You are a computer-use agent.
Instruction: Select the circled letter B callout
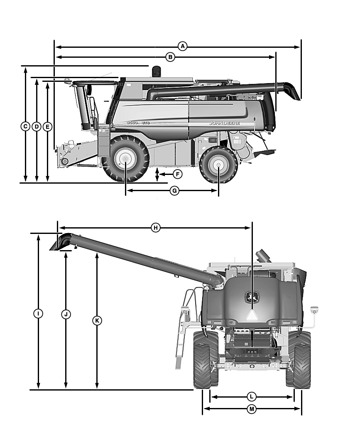[170, 57]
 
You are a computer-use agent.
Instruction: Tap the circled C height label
[25, 126]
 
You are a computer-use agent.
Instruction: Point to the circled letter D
[37, 126]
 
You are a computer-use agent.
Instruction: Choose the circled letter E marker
[47, 126]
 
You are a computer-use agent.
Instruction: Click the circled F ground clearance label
[177, 174]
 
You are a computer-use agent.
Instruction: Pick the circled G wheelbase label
[175, 191]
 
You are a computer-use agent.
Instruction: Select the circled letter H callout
[155, 228]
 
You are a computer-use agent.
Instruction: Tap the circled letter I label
[38, 314]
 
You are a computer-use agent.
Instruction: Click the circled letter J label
[66, 314]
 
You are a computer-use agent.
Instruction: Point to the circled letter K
[97, 320]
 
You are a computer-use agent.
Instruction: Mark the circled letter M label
[251, 409]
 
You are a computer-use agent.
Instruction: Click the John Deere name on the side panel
[224, 123]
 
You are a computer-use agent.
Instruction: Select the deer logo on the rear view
[251, 297]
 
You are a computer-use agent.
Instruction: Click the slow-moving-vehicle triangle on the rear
[251, 315]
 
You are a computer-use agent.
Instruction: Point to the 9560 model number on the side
[132, 123]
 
